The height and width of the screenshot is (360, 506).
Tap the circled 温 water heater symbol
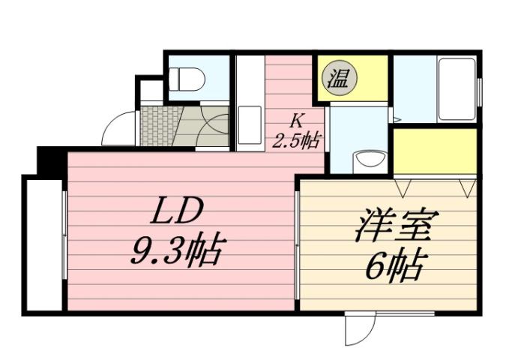(340, 78)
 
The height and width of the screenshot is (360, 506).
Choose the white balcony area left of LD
(43, 244)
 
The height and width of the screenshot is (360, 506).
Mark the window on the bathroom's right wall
(478, 91)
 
